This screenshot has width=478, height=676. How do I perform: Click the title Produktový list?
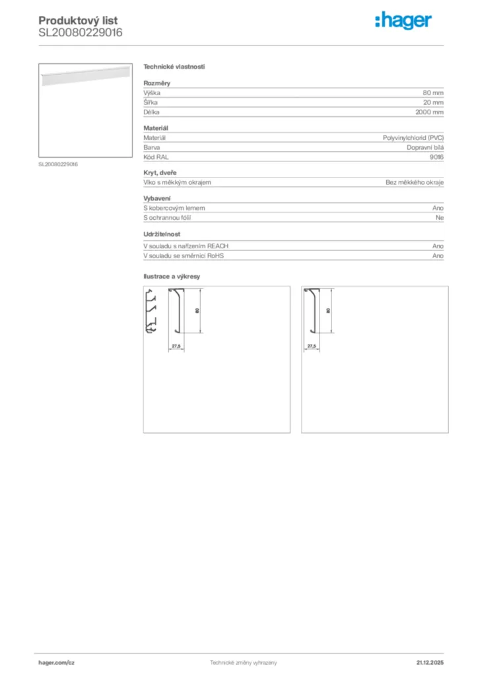pos(78,20)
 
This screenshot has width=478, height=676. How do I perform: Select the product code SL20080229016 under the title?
pos(80,32)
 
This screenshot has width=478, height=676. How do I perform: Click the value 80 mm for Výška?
pos(433,93)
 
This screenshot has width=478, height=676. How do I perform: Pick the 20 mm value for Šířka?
pos(433,103)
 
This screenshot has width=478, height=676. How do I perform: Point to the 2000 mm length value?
pos(429,112)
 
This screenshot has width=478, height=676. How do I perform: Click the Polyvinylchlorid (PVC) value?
pos(413,138)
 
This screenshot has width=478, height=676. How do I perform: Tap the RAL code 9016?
pos(436,157)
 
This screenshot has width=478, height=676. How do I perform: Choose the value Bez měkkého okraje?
pos(415,182)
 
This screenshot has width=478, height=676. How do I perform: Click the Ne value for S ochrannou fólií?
pos(439,217)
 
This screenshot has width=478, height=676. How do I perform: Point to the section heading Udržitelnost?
pos(162,234)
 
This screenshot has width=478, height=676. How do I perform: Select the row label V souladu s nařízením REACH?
pos(186,246)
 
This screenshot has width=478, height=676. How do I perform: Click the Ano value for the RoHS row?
pos(438,255)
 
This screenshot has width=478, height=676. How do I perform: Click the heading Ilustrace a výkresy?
pos(172,276)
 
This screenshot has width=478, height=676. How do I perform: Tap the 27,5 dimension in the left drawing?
pos(176,346)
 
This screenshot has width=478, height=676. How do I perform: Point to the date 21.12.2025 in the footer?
pos(430,662)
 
